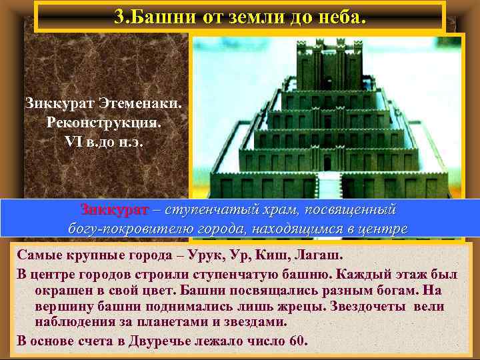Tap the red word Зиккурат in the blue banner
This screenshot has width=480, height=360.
(114, 210)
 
